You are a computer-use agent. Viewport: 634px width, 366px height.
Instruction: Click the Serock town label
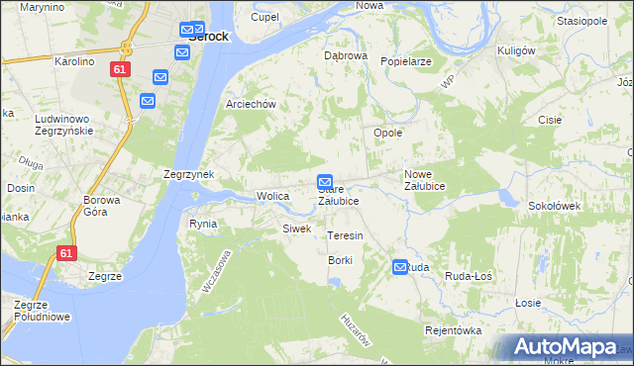pos(208,37)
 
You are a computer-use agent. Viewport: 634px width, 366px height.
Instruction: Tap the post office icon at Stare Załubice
pos(324,182)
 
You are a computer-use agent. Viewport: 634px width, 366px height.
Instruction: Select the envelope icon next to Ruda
pos(400,267)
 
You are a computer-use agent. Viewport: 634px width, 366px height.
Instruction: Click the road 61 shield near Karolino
pos(120,69)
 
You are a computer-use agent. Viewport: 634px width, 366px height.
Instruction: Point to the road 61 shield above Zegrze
pos(66,253)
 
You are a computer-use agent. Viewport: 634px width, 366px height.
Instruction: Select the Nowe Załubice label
pos(424,180)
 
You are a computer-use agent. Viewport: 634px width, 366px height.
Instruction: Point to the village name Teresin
pos(346,236)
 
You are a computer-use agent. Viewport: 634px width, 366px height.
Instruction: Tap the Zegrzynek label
pos(189,174)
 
